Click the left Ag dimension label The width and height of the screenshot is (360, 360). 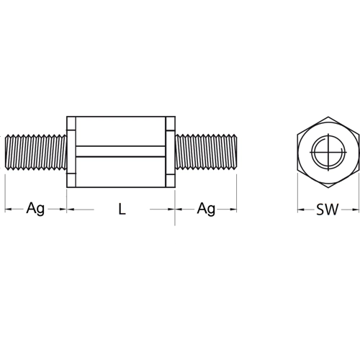coord(35,209)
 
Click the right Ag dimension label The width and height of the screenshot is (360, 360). coord(206,209)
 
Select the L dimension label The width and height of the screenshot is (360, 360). coord(122,210)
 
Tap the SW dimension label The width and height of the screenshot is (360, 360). coord(328,210)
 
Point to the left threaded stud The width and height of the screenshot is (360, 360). coord(36,152)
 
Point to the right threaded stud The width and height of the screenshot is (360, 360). coord(206,152)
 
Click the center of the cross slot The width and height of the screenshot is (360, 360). coord(328,152)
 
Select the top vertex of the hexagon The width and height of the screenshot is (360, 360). coord(328,117)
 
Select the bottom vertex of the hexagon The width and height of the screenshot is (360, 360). coord(328,187)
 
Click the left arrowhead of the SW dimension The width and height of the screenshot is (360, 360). coord(301,210)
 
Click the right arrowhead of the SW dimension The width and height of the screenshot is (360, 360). coord(356,210)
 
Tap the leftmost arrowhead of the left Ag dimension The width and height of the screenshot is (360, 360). coord(9,210)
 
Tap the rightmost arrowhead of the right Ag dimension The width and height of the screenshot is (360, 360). coord(233,210)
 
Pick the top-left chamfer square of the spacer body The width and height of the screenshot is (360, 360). coord(71,123)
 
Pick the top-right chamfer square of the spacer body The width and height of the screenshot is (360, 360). coord(170,123)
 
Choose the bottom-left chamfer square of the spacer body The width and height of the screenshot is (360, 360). coord(71,180)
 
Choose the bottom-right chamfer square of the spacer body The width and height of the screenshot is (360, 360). coord(170,180)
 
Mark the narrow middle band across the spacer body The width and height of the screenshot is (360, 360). coord(121,152)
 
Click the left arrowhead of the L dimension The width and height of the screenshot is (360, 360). coord(71,210)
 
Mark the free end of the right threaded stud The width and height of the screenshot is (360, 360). coord(235,152)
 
